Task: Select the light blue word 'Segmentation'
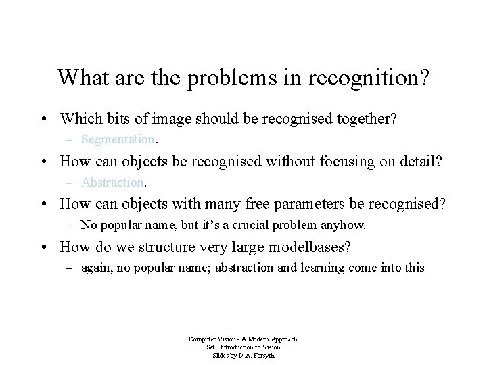pyautogui.click(x=118, y=140)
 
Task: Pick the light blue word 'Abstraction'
pyautogui.click(x=112, y=182)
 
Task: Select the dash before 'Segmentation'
pyautogui.click(x=70, y=140)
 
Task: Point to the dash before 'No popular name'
pyautogui.click(x=70, y=224)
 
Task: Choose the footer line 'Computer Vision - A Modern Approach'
pyautogui.click(x=244, y=339)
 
